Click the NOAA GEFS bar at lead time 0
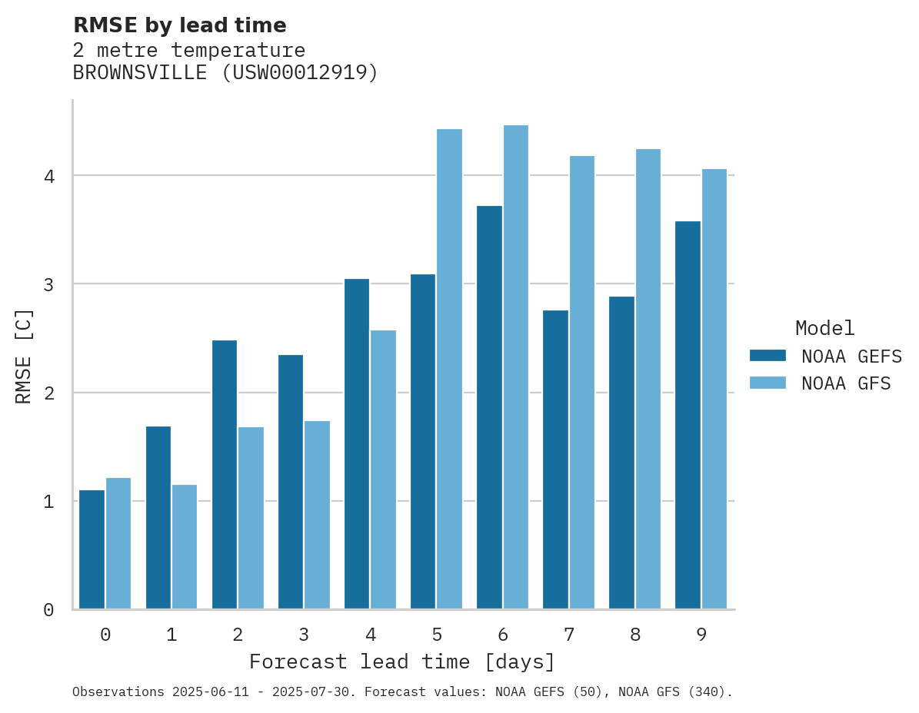click(92, 549)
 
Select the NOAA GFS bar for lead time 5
click(450, 369)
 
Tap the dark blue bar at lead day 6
click(489, 407)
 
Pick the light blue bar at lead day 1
click(185, 546)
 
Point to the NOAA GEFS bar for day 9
click(688, 415)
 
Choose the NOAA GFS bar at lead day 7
click(582, 382)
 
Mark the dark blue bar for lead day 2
click(225, 474)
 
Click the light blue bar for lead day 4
click(384, 469)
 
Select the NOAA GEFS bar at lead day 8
click(621, 453)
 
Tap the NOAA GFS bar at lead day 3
click(318, 515)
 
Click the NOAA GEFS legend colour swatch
click(767, 356)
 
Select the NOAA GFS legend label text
click(846, 383)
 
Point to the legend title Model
click(824, 328)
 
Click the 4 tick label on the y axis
click(48, 176)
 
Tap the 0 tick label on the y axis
click(48, 610)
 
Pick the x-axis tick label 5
click(437, 635)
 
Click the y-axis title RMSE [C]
click(24, 356)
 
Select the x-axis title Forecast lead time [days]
click(401, 662)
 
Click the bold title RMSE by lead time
click(179, 25)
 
